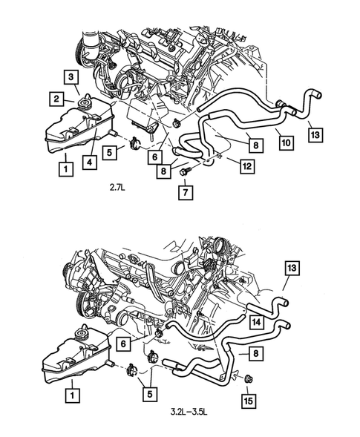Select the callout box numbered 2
pyautogui.click(x=56, y=97)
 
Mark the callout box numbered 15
pyautogui.click(x=248, y=401)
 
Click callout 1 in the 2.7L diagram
pyautogui.click(x=67, y=169)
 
